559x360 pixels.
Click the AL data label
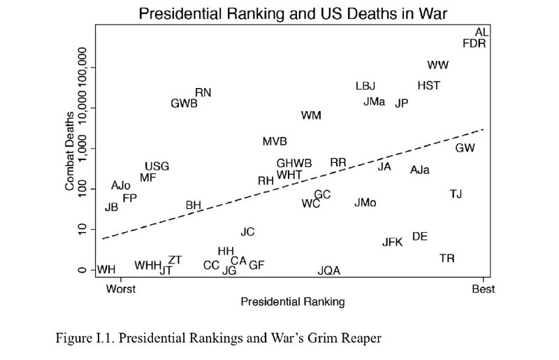(481, 32)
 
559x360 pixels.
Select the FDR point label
(474, 43)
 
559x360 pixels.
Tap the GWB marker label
(184, 103)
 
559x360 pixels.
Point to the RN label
(203, 93)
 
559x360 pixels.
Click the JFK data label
(393, 243)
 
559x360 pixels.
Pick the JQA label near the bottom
(329, 271)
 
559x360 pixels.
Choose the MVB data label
(275, 142)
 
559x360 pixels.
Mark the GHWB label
(294, 164)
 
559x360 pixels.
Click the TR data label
(447, 259)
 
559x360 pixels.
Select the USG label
(157, 166)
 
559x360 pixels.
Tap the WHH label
(147, 266)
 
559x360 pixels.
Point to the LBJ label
(365, 86)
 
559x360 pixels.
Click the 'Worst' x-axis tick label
(121, 289)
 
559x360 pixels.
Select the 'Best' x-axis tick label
(484, 289)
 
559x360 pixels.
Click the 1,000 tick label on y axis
(82, 148)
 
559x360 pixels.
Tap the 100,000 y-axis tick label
(82, 67)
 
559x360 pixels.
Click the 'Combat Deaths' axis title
(69, 151)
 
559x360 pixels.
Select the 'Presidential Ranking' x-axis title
(293, 302)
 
